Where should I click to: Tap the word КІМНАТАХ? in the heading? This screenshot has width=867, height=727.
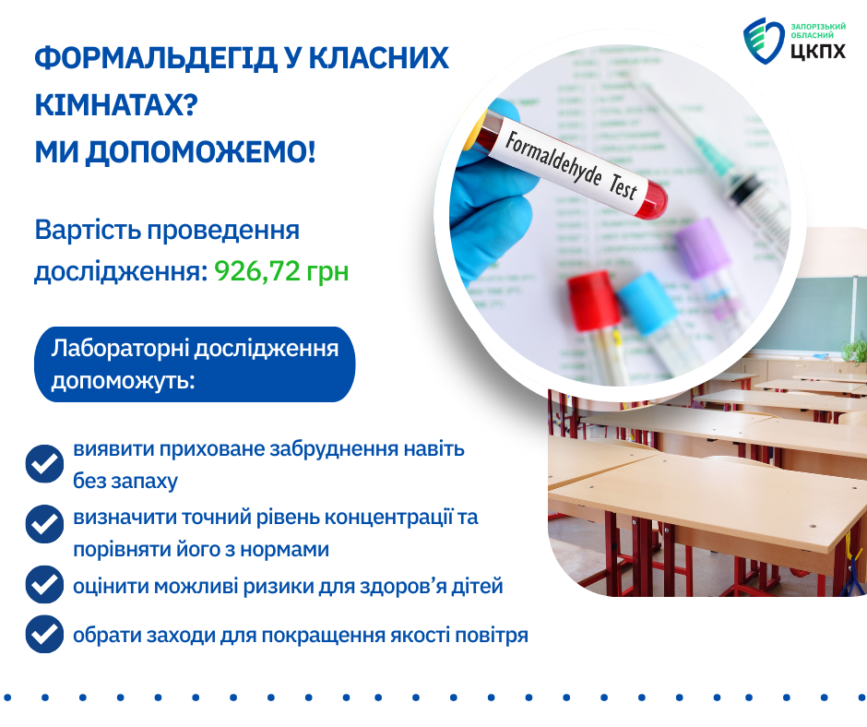click(116, 105)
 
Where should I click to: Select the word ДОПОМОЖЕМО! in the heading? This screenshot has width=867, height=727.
click(200, 153)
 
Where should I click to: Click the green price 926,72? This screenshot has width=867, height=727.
click(257, 271)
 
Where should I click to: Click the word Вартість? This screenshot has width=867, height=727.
click(87, 230)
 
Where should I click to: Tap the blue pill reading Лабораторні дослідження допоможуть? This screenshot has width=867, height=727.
click(195, 364)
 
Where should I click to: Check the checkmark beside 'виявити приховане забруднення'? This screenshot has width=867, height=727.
click(45, 464)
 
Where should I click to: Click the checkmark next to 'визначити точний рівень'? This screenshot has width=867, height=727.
click(45, 524)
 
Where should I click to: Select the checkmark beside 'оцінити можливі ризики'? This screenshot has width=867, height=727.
click(45, 584)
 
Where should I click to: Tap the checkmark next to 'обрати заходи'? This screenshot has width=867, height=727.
click(45, 634)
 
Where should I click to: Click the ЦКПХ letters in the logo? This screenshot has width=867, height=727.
click(818, 51)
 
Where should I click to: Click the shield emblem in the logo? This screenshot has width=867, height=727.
click(764, 41)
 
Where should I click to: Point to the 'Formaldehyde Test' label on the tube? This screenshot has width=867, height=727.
click(572, 165)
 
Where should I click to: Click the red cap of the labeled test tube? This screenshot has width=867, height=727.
click(650, 200)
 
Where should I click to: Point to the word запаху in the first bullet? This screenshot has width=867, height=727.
click(144, 482)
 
